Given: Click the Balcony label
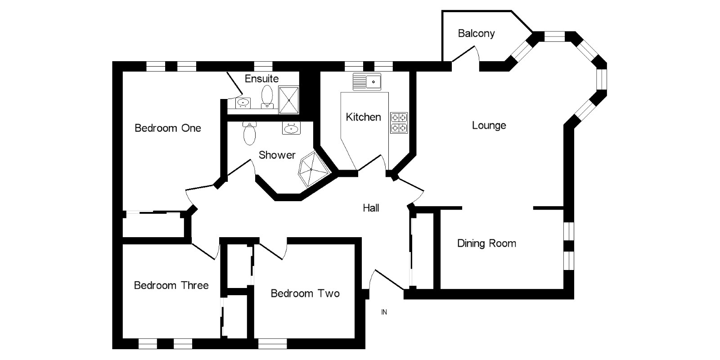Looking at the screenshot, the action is [476, 33].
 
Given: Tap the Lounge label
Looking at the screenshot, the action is [489, 125].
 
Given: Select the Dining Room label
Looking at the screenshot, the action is [486, 243].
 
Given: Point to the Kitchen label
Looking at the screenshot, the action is [363, 117].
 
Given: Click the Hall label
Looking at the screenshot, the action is [371, 208].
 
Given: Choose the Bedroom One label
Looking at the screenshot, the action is [168, 128].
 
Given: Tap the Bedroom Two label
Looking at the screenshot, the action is [305, 294].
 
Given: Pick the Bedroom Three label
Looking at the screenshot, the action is [171, 285].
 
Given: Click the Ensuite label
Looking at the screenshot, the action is [261, 78].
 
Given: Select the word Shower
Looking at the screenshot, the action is [277, 155].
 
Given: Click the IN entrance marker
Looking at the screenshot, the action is [384, 312].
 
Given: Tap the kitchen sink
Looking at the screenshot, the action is [367, 82].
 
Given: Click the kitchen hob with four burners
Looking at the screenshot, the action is [399, 123].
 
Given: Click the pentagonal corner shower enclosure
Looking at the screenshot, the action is [312, 169].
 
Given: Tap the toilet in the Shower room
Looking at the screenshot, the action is [249, 133].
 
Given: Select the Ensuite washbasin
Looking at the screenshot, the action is [243, 103].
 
